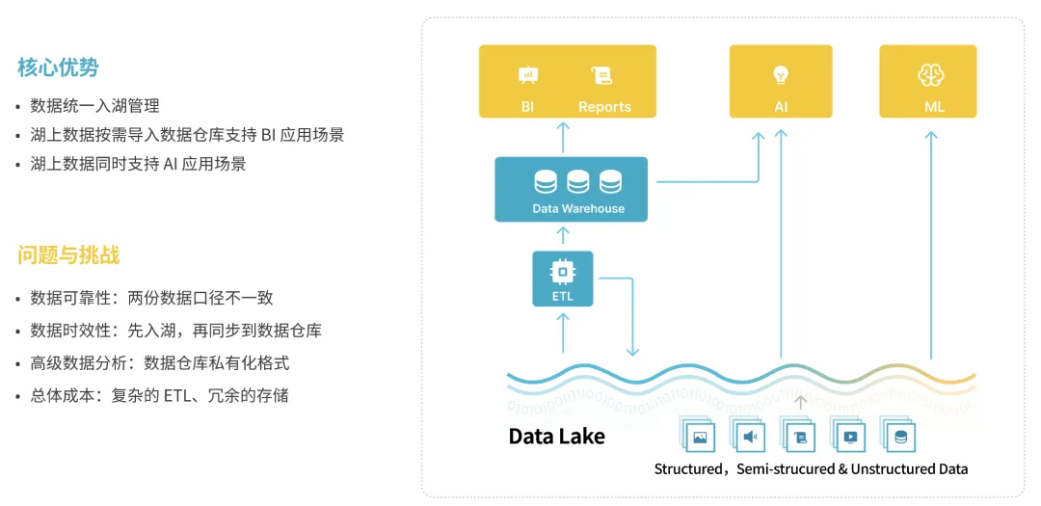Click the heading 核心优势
point(59,67)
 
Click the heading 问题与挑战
point(68,255)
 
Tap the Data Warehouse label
point(578,208)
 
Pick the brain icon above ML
point(927,75)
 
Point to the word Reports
point(604,107)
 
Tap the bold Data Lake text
point(556,437)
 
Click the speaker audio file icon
point(749,437)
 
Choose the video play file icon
point(850,437)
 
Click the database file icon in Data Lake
point(899,437)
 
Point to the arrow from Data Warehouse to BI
point(563,138)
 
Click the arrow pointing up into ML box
point(931,245)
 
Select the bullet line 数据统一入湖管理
point(94,106)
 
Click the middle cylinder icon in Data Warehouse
point(577,181)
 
